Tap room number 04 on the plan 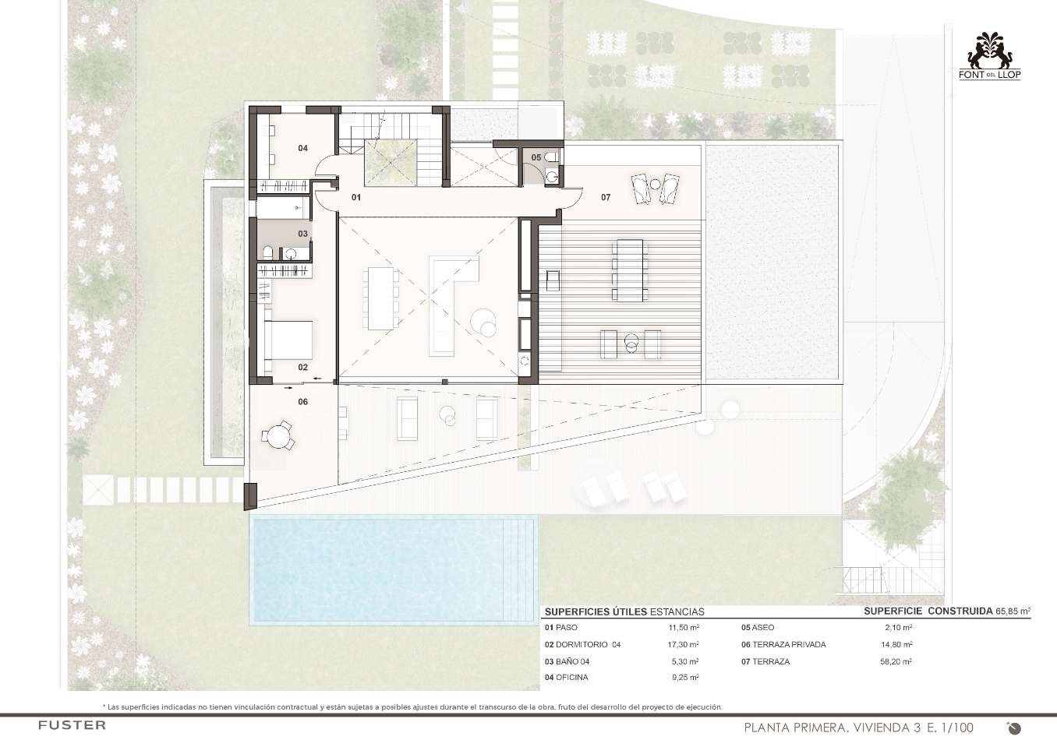(x=303, y=148)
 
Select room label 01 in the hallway (x=356, y=197)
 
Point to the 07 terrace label (x=606, y=197)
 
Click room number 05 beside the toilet (x=536, y=157)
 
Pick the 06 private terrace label (x=303, y=401)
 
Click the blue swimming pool (x=394, y=570)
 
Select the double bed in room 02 (x=288, y=340)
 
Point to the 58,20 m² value (x=896, y=661)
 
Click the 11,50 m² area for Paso (x=684, y=627)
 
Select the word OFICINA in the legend (x=572, y=677)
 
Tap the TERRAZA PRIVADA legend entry (x=789, y=644)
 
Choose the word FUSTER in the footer (x=72, y=725)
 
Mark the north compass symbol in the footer (x=1014, y=728)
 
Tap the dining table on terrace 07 (x=630, y=270)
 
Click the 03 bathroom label (x=303, y=234)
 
